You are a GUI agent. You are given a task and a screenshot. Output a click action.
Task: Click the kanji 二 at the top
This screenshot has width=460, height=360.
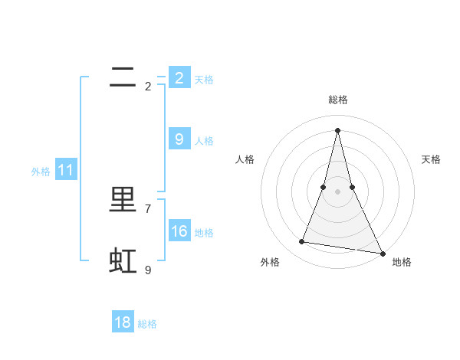(123, 77)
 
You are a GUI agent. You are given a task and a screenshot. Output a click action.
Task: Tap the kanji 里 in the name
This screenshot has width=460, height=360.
(123, 200)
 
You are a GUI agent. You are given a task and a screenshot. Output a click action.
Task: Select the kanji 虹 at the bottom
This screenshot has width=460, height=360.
(123, 261)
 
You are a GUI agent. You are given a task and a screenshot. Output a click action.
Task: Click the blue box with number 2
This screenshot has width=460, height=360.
(179, 77)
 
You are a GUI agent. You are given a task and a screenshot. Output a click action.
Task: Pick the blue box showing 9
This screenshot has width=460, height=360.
(179, 139)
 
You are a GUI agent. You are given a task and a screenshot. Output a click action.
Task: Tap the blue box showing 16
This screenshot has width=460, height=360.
(179, 231)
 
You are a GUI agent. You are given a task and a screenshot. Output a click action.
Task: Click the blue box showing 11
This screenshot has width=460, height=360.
(66, 170)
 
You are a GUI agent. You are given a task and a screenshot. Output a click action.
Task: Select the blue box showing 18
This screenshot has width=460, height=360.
(123, 322)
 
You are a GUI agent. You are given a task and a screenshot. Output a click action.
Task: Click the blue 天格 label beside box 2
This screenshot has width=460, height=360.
(204, 79)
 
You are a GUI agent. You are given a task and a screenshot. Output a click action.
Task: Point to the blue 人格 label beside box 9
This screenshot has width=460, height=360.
(204, 140)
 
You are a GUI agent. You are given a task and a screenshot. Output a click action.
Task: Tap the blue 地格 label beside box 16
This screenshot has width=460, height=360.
(204, 232)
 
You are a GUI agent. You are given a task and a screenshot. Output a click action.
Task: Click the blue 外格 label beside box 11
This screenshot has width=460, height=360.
(41, 172)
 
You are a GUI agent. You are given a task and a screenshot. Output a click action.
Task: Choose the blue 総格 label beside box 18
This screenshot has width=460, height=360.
(147, 324)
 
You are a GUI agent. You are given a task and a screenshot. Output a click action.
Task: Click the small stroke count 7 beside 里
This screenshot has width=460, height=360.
(148, 208)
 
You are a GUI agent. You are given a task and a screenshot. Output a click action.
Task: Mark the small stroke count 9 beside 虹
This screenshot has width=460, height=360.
(148, 270)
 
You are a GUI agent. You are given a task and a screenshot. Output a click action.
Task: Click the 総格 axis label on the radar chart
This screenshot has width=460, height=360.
(338, 100)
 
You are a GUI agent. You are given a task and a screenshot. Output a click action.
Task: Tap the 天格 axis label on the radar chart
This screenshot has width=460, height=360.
(431, 159)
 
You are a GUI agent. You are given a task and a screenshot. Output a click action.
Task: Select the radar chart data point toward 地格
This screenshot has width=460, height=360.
(382, 252)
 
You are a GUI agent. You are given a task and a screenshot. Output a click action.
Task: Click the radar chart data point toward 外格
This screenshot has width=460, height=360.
(302, 242)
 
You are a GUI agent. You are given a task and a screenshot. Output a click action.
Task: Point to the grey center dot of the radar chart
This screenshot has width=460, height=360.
(338, 191)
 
